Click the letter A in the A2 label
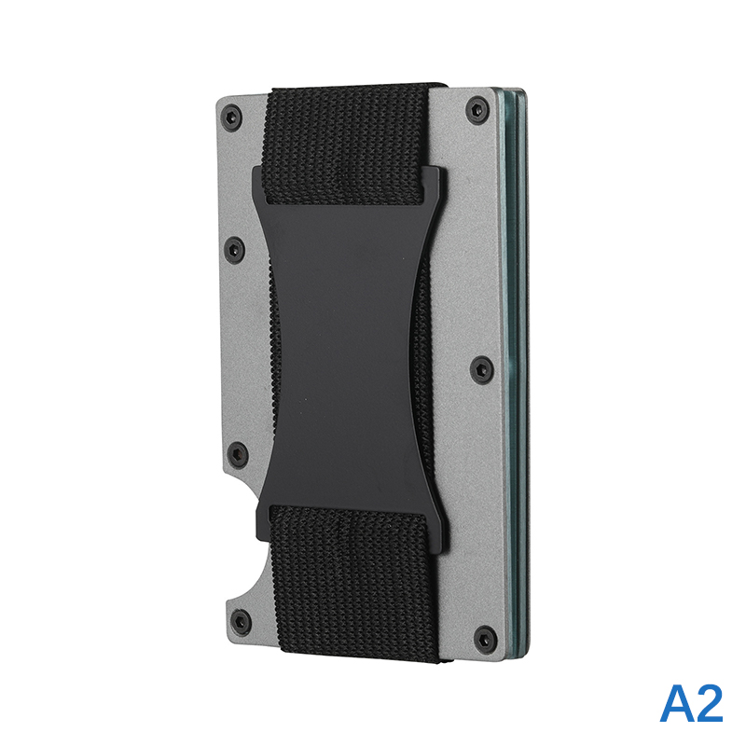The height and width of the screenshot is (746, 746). tap(676, 704)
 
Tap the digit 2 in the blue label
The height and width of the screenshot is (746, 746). tap(709, 704)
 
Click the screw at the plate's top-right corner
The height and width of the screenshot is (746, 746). tap(477, 109)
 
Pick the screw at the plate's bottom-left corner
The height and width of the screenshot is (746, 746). tap(241, 621)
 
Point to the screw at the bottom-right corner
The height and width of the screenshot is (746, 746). tap(485, 637)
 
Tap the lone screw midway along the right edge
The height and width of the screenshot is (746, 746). tap(481, 369)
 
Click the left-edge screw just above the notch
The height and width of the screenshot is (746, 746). tap(238, 453)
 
